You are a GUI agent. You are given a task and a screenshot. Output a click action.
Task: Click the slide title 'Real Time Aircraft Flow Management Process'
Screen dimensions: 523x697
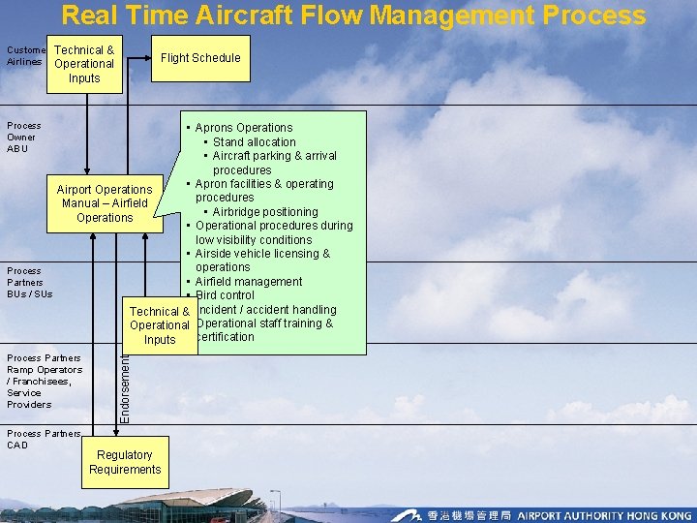(x=353, y=15)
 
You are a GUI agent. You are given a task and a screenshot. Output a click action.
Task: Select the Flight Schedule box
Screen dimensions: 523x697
(x=200, y=58)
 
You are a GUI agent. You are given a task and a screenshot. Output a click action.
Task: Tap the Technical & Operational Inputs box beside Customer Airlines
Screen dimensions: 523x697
(x=84, y=64)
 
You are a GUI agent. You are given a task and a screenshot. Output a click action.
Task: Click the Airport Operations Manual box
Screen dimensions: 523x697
(x=105, y=203)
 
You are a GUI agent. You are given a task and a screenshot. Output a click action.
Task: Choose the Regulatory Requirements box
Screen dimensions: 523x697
(x=125, y=462)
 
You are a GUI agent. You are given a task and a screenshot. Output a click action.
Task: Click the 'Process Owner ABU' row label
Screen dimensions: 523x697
(x=24, y=137)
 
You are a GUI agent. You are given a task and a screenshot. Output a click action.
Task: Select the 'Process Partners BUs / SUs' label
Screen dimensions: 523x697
(x=30, y=282)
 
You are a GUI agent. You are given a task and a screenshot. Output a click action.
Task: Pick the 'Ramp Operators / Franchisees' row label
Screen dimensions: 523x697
(x=44, y=381)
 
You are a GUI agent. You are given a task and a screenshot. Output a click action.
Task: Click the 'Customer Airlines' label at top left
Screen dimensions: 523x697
(x=25, y=55)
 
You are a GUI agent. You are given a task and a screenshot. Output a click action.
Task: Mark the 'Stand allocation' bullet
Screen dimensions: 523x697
(x=254, y=141)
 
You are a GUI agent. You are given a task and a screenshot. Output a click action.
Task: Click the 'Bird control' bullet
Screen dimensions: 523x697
(x=225, y=295)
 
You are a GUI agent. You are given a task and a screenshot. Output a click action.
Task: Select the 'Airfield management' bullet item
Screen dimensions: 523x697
(x=249, y=282)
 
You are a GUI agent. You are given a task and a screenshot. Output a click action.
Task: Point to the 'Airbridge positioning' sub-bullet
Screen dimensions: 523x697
(x=264, y=212)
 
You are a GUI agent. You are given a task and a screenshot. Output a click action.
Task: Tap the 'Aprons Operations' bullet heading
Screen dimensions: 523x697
(x=243, y=128)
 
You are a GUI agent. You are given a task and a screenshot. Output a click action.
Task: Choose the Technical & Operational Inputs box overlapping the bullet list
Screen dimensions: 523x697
(x=160, y=325)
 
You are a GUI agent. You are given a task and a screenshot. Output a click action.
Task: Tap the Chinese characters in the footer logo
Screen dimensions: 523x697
(x=470, y=515)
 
